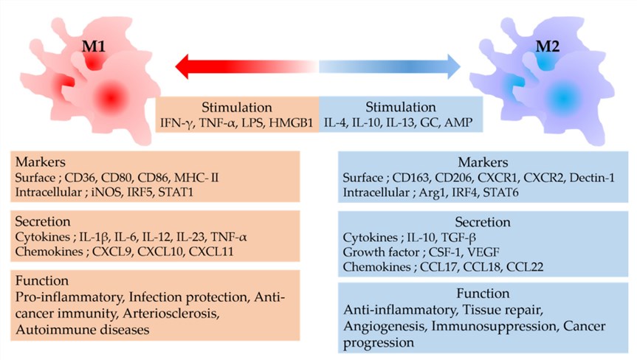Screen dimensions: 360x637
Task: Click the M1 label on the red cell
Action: pos(96,52)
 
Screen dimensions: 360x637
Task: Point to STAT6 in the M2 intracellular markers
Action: pos(507,193)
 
